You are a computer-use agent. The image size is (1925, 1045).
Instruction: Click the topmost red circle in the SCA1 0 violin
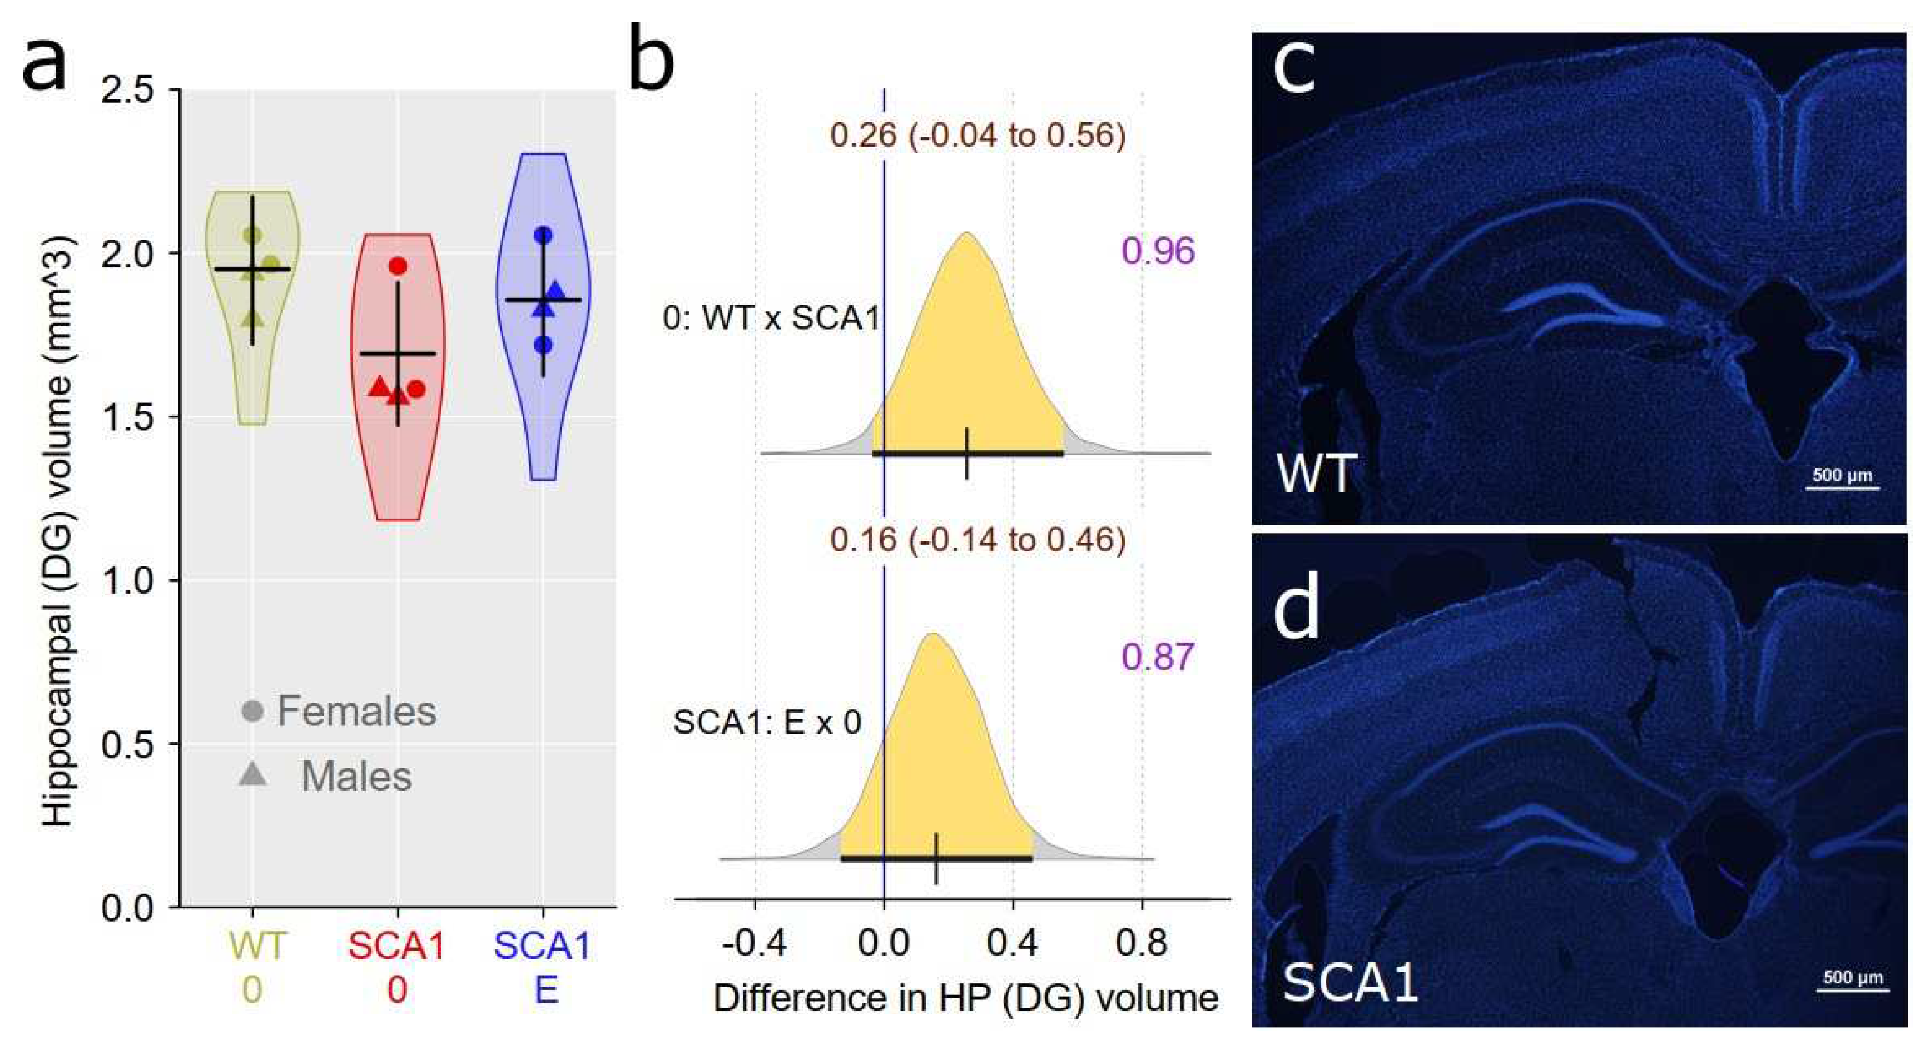point(398,266)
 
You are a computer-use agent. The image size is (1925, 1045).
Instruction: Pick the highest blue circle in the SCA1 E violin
point(544,235)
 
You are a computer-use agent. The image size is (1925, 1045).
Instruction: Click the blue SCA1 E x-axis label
point(543,968)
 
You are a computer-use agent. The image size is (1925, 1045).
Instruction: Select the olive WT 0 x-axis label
point(254,968)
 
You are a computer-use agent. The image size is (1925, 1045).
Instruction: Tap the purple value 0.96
point(1158,252)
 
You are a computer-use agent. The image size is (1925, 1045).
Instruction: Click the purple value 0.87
point(1158,656)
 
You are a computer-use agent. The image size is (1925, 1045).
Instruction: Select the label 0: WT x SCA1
point(771,318)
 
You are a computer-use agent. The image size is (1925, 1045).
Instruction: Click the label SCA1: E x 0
point(767,722)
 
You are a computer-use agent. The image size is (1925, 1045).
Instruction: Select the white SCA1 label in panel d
point(1351,982)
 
